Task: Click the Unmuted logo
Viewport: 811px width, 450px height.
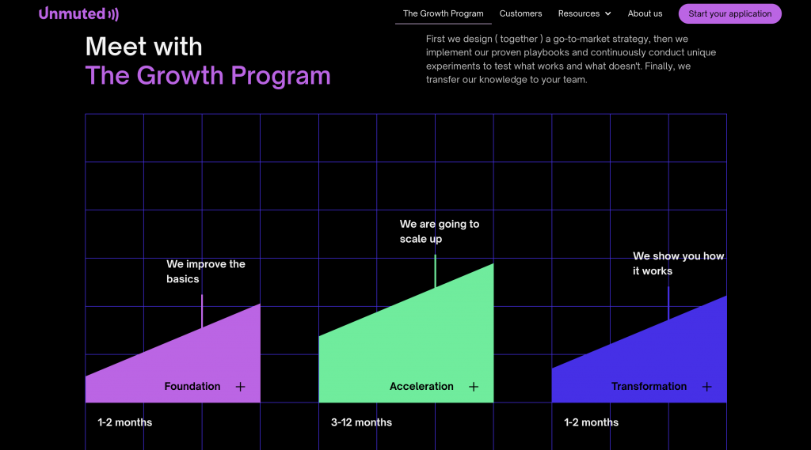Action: (x=78, y=13)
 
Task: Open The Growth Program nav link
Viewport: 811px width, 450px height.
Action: (x=444, y=13)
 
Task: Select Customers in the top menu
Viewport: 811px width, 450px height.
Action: (x=520, y=13)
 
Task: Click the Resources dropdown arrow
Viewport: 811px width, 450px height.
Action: (x=607, y=14)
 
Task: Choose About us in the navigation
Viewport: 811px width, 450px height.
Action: (x=645, y=13)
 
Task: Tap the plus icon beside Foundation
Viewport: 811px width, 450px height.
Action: (x=240, y=387)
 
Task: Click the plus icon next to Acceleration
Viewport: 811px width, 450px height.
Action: (x=474, y=387)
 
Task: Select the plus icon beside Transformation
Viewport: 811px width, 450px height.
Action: (x=706, y=387)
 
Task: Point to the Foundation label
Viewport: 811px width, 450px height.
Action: (x=192, y=387)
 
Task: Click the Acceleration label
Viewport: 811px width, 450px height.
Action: (x=421, y=387)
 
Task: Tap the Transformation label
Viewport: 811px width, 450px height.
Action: (x=649, y=387)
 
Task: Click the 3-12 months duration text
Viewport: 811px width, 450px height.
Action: (x=361, y=422)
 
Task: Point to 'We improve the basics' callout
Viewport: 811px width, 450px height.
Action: (x=206, y=271)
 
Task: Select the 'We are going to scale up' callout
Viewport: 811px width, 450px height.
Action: (x=440, y=232)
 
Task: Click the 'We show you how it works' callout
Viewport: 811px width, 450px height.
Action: (x=678, y=263)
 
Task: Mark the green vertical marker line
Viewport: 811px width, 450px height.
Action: (x=435, y=271)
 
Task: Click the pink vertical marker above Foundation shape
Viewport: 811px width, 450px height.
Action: (x=202, y=312)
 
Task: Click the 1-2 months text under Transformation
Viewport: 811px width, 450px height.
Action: (x=591, y=422)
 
